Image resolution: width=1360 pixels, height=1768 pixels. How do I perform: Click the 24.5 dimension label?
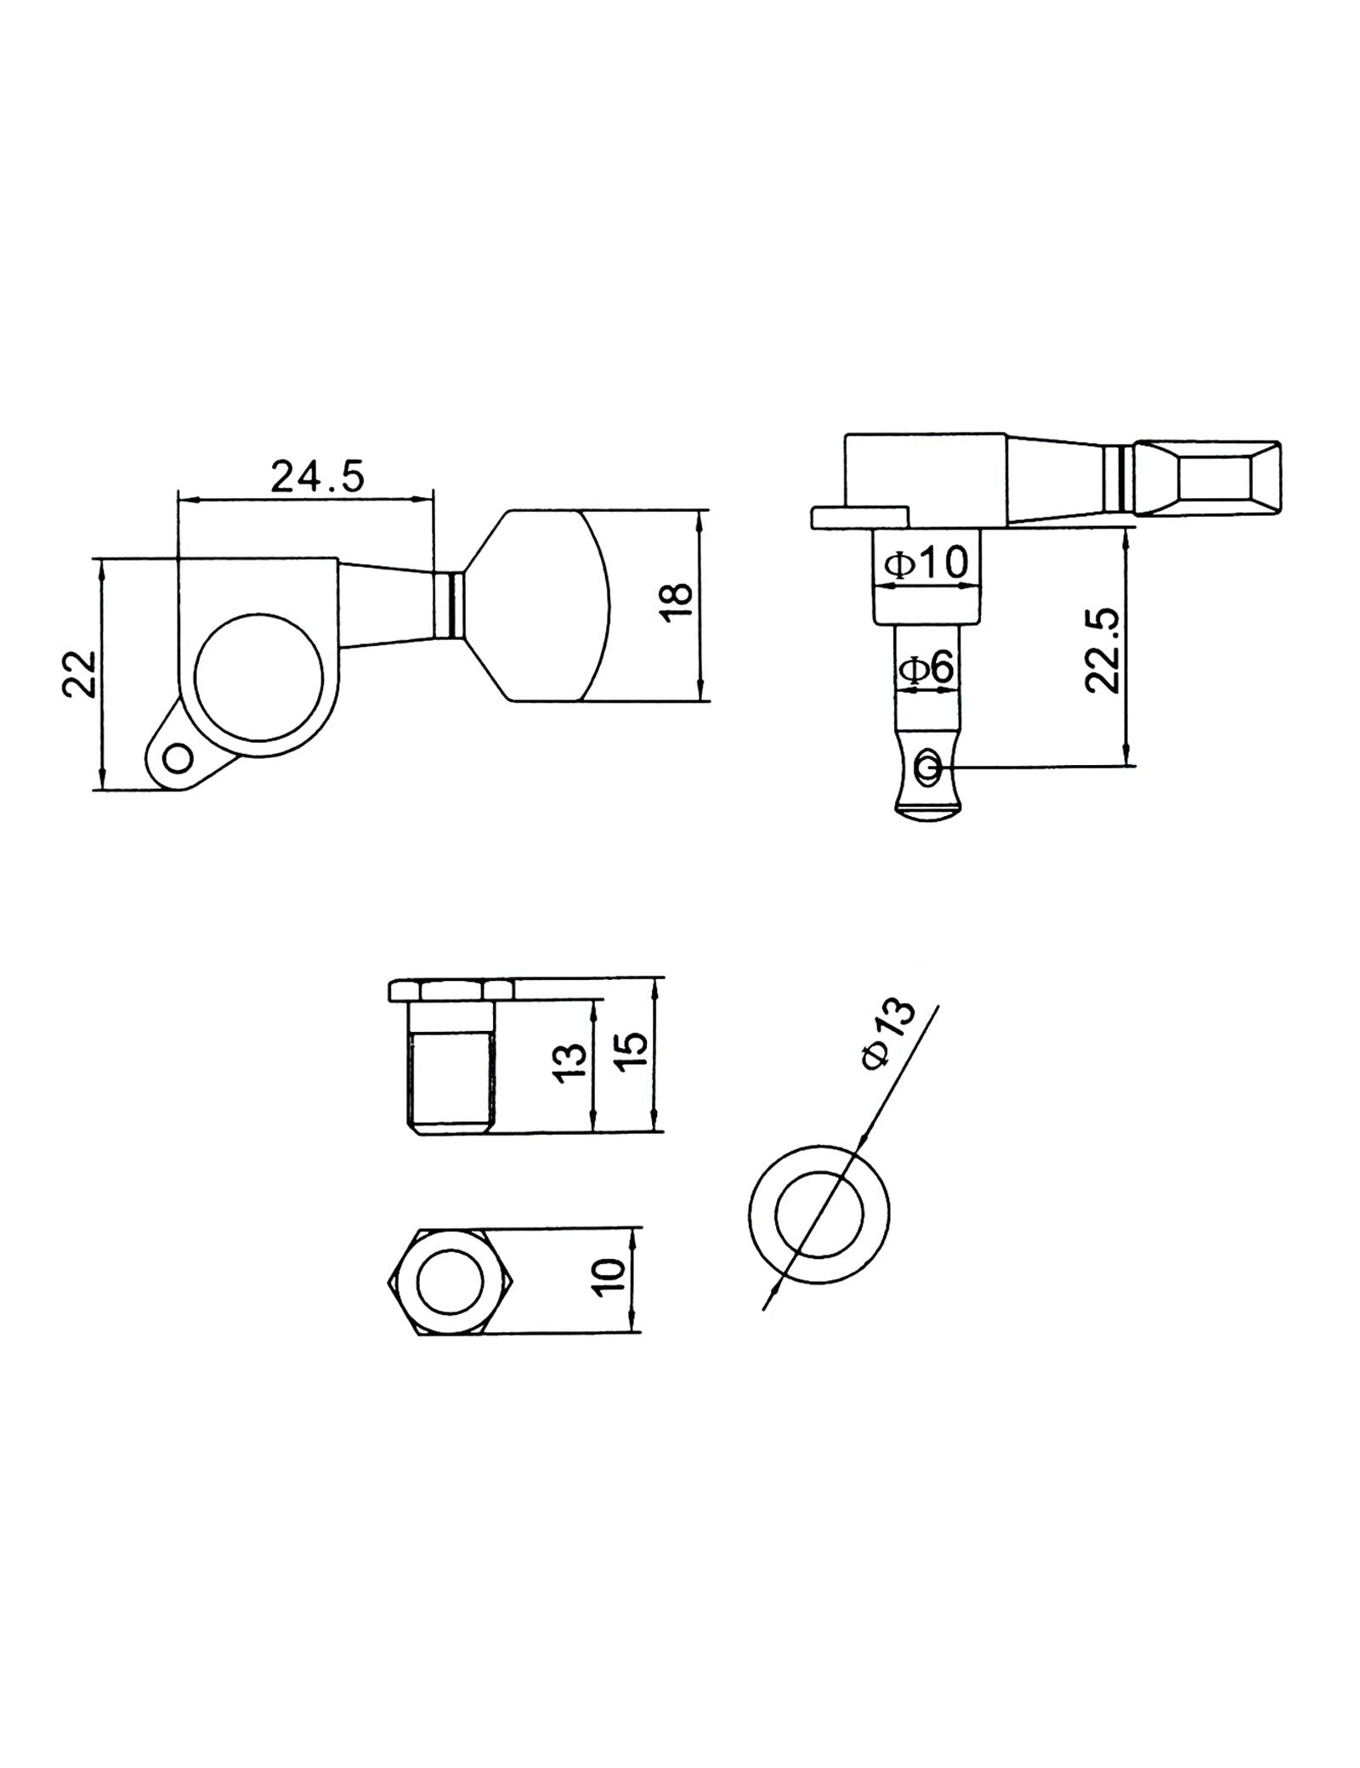click(317, 477)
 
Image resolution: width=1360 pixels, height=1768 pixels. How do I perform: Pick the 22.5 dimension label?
click(1104, 651)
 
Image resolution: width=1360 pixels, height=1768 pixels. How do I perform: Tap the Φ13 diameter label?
click(888, 1033)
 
